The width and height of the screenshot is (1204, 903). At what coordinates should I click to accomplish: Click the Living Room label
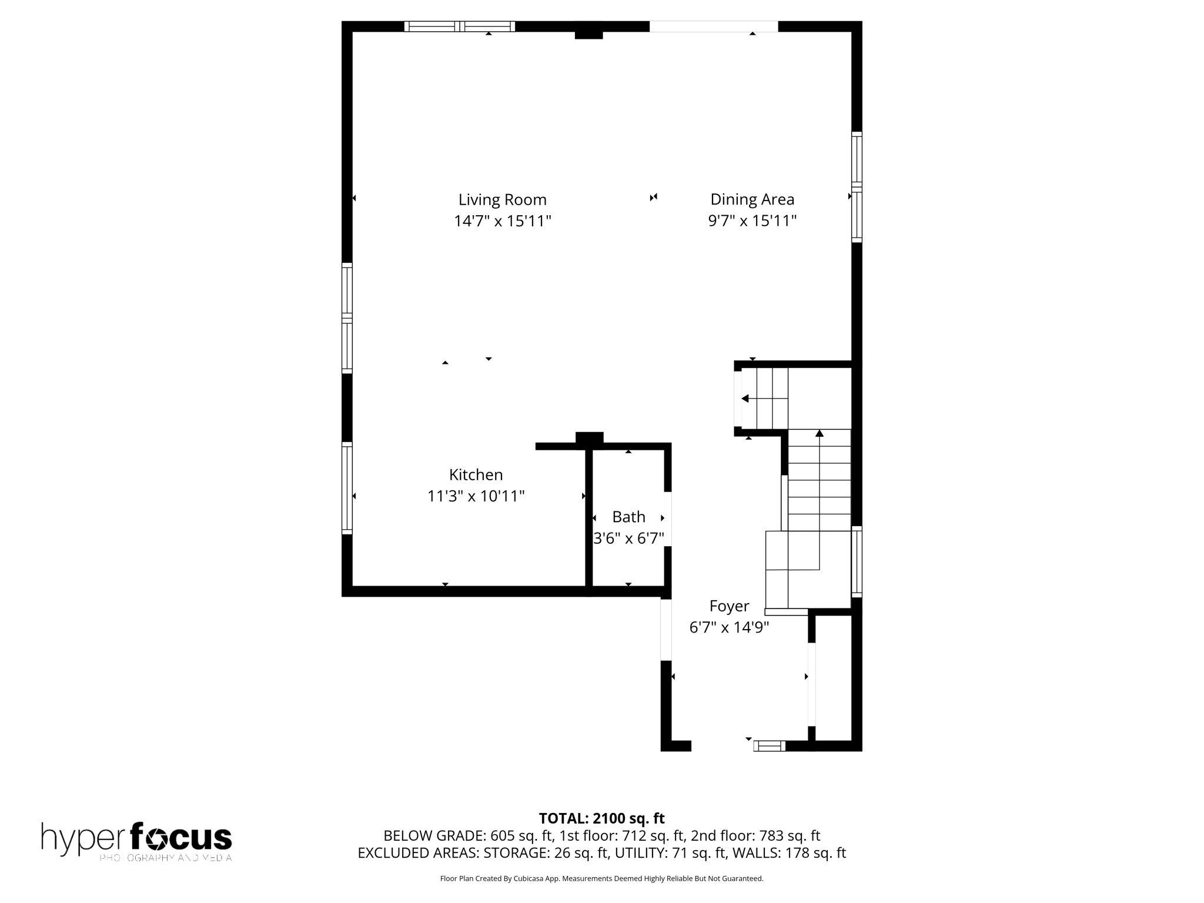[x=502, y=200]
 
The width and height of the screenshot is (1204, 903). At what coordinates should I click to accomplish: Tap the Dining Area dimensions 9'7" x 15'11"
[x=752, y=221]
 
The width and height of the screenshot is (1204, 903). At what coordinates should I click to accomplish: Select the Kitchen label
[x=476, y=474]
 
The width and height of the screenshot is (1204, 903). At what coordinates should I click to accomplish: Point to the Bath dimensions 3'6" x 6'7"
[x=628, y=539]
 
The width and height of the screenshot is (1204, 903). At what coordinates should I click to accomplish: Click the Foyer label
[x=729, y=606]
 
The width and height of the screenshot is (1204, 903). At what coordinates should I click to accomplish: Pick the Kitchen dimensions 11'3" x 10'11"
[x=476, y=496]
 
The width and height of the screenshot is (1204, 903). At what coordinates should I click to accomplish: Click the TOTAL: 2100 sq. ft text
[x=601, y=818]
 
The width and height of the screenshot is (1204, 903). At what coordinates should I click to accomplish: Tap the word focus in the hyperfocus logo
[x=180, y=837]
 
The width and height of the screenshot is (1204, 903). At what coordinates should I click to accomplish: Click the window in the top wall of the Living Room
[x=459, y=26]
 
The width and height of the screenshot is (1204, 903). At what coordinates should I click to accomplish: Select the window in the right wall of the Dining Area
[x=857, y=187]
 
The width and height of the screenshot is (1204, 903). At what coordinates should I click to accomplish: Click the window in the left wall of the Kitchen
[x=347, y=488]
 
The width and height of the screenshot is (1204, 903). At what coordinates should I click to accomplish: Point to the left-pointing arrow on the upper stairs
[x=745, y=399]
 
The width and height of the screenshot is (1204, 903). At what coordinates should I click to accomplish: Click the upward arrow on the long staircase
[x=820, y=434]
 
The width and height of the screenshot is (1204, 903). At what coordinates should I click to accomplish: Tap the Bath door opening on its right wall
[x=667, y=519]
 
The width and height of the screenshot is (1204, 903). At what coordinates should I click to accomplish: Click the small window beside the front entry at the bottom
[x=770, y=746]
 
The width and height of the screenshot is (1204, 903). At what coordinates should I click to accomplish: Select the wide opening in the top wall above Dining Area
[x=713, y=26]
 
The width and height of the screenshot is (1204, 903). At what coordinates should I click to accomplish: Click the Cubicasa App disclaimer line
[x=601, y=879]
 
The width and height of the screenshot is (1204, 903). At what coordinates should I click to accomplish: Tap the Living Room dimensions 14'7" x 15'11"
[x=502, y=222]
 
